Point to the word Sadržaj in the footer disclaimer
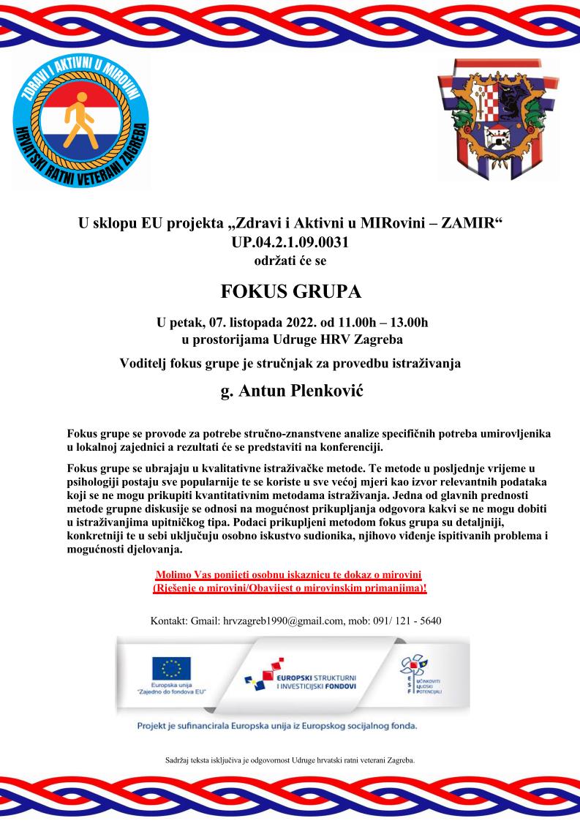pos(178,760)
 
